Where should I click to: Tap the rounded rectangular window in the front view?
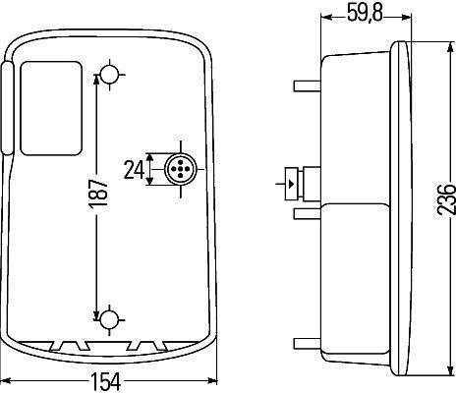coord(51,108)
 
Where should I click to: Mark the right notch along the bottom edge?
coord(147,346)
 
